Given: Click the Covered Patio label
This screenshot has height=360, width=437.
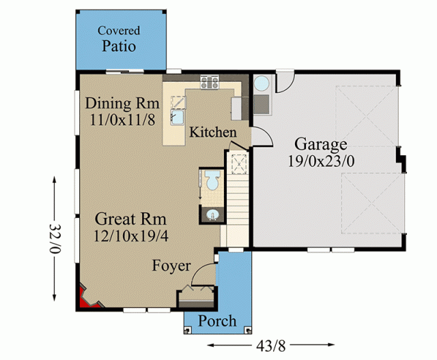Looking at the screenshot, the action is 119,39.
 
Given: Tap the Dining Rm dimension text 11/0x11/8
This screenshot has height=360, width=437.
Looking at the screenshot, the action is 122,120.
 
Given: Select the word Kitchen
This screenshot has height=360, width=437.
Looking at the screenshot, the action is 213,132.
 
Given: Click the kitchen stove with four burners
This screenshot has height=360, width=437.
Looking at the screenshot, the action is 210,82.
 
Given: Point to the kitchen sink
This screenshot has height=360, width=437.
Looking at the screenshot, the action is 178,117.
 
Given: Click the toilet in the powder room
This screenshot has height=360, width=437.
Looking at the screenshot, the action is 212,180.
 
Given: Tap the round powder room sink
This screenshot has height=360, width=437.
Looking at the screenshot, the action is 212,215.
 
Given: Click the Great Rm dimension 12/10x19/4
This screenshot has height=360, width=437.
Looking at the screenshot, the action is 130,236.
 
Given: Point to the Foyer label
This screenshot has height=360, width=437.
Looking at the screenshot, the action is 171,266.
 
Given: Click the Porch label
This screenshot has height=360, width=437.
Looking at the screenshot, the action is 217,320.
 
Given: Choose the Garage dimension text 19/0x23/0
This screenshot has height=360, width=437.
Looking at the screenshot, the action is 321,161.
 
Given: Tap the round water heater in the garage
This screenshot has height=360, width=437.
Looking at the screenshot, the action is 262,83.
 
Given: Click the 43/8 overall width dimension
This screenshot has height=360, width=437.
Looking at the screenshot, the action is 271,346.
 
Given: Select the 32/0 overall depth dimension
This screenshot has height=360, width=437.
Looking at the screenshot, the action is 55,238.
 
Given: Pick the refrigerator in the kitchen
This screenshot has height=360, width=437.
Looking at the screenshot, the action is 237,109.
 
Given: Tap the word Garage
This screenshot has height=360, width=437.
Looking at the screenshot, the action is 321,144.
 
